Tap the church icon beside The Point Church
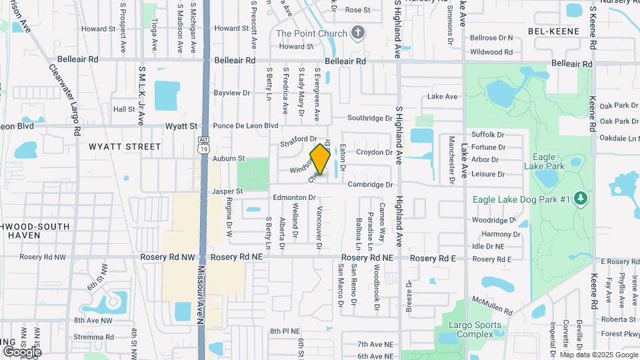358,33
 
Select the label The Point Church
311,33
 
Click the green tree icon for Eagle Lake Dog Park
581,199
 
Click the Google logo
21,351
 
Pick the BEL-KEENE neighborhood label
553,31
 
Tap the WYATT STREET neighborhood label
125,146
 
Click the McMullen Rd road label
489,305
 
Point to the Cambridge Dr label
370,185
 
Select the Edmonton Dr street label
293,198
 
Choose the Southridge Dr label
370,118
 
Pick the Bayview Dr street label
231,93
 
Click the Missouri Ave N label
200,293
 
